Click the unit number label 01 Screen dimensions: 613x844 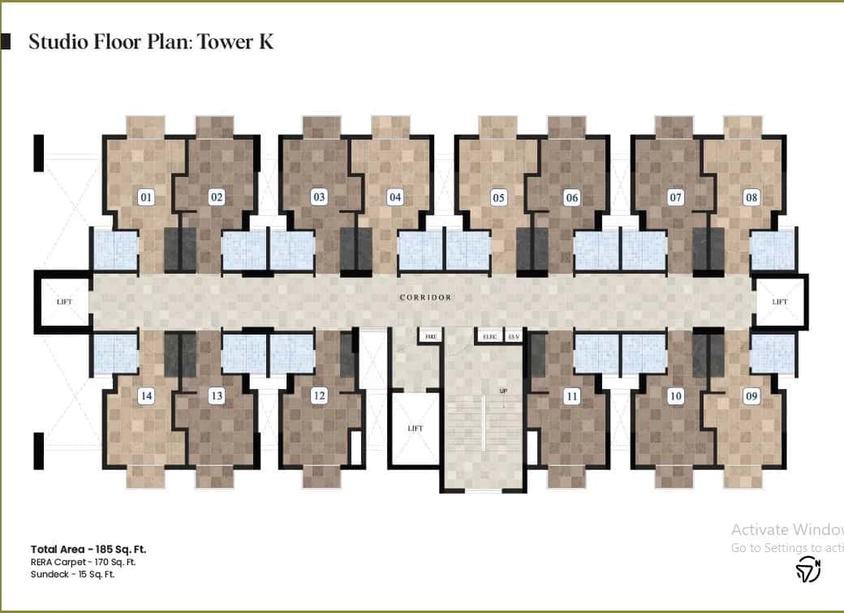[147, 196]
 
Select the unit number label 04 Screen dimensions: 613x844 [395, 196]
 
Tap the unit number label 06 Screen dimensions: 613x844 [572, 197]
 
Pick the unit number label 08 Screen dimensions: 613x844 [751, 196]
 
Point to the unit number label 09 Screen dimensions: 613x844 [751, 396]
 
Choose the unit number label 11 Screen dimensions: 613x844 [572, 396]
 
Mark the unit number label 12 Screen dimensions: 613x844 [320, 395]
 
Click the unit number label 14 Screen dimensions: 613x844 [146, 396]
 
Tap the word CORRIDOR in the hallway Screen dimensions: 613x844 [425, 298]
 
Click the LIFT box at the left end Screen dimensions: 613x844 [64, 302]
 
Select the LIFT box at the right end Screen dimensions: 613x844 [780, 302]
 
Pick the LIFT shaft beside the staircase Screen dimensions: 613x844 [415, 429]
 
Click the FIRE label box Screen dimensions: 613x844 [429, 335]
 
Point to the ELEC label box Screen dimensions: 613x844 [489, 335]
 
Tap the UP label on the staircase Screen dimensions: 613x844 [503, 391]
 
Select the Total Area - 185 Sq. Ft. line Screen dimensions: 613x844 [88, 549]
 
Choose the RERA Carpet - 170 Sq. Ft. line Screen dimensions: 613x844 [83, 562]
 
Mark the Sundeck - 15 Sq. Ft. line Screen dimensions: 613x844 [73, 574]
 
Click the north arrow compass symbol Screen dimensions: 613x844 [807, 569]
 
